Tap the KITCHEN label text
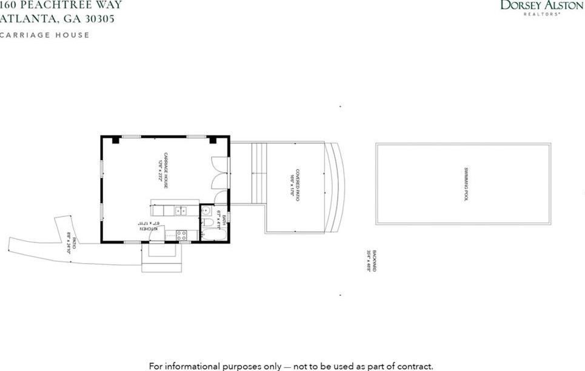tap(147, 229)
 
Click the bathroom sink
tap(206, 210)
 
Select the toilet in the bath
tap(207, 222)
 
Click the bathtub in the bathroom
tap(214, 235)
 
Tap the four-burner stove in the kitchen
tap(181, 235)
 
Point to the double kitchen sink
tap(180, 210)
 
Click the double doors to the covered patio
tap(218, 173)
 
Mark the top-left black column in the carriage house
tap(115, 140)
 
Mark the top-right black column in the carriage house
tap(213, 140)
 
